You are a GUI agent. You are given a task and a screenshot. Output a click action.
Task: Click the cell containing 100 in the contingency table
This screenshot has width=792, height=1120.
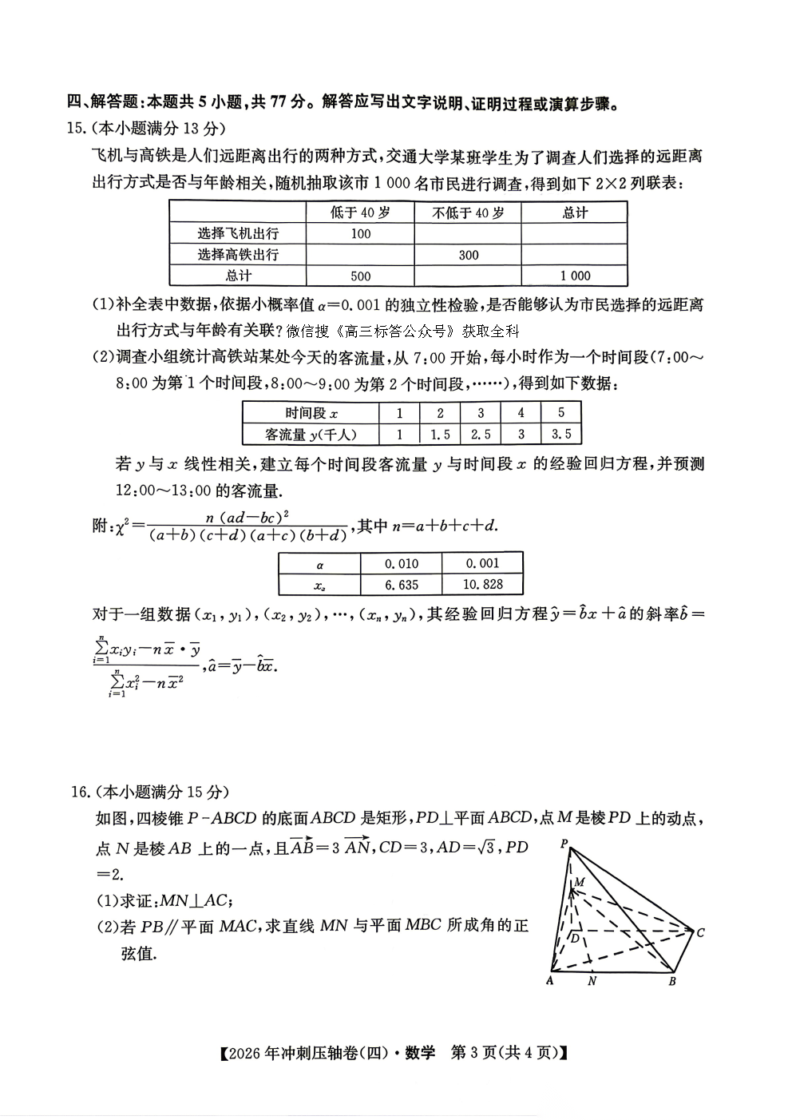click(x=361, y=234)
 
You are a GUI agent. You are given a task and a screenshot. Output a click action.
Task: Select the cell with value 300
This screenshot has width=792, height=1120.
click(x=469, y=255)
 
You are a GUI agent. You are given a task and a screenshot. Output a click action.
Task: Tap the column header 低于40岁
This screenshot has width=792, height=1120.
click(x=361, y=212)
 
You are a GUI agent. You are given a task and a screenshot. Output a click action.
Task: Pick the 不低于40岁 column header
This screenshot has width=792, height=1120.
click(x=469, y=212)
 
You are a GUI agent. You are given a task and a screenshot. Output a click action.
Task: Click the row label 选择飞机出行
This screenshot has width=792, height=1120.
click(x=238, y=234)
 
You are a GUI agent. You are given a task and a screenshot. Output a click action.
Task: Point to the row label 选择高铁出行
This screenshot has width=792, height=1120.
click(x=238, y=255)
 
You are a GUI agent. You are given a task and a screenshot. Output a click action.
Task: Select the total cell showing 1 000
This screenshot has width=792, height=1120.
click(x=575, y=276)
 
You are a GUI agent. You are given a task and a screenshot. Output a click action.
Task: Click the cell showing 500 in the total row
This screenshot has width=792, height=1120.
click(x=361, y=276)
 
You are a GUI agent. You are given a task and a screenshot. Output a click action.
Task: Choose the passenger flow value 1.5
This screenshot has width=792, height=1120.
click(x=440, y=435)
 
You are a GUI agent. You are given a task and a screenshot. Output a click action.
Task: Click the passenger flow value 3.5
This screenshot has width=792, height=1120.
click(x=561, y=435)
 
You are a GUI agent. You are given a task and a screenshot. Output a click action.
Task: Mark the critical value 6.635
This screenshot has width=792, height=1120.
click(x=402, y=585)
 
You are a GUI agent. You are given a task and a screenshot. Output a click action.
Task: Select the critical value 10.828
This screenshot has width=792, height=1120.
click(x=483, y=585)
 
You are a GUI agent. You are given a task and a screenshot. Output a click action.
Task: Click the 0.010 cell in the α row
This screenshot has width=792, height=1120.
click(x=402, y=563)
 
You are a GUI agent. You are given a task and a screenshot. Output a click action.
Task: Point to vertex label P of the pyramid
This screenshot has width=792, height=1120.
click(x=564, y=844)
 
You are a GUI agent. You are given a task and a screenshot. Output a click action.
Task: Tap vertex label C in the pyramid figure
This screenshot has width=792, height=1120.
click(x=700, y=932)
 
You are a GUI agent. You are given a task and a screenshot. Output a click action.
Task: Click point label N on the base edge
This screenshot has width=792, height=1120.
click(x=592, y=981)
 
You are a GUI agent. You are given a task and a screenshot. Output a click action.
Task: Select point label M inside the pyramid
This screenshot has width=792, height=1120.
click(x=580, y=881)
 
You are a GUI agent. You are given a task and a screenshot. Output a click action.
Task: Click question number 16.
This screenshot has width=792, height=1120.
click(x=78, y=792)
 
